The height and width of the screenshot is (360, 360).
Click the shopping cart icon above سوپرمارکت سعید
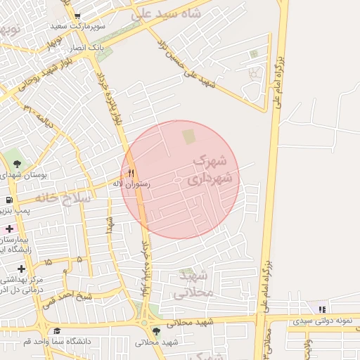pyautogui.click(x=77, y=15)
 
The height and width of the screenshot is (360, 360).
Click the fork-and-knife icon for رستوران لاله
pyautogui.click(x=131, y=173)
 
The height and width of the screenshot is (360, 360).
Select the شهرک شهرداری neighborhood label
pyautogui.click(x=209, y=171)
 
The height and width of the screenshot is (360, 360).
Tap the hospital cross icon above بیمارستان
pyautogui.click(x=8, y=229)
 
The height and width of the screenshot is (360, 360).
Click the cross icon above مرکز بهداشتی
pyautogui.click(x=22, y=269)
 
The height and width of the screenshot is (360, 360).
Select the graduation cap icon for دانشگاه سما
pyautogui.click(x=57, y=331)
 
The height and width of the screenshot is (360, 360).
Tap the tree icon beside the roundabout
pyautogui.click(x=156, y=331)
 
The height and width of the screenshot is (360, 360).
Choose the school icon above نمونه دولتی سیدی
pyautogui.click(x=321, y=309)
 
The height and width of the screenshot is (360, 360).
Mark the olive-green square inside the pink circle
pyautogui.click(x=188, y=134)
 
